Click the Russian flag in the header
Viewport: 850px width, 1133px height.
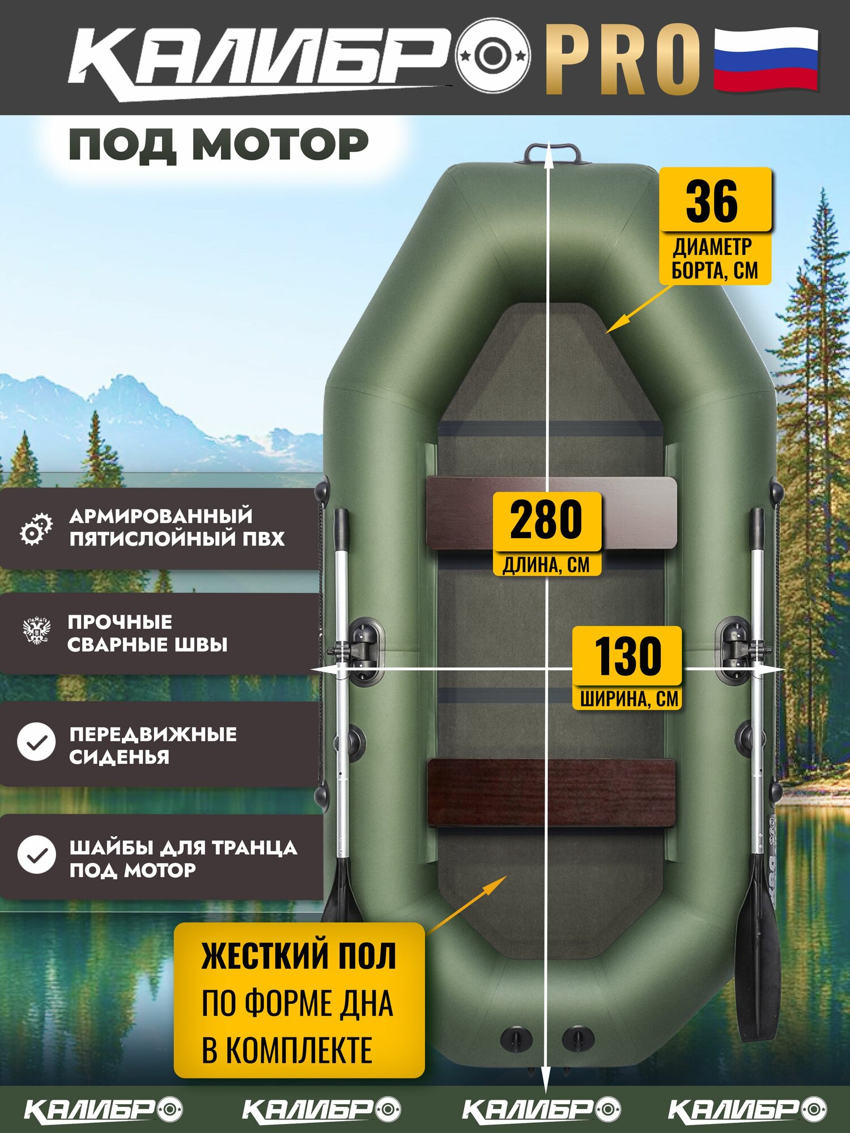coord(766,59)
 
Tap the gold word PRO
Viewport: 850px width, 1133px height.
coord(623,59)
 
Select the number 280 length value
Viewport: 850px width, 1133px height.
coord(546,519)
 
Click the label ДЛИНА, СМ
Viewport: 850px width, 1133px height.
coord(546,565)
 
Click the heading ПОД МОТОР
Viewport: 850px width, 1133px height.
coord(218,144)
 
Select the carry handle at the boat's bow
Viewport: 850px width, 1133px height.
coord(552,154)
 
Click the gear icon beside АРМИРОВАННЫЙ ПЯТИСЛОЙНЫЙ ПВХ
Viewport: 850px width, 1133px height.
coord(36,529)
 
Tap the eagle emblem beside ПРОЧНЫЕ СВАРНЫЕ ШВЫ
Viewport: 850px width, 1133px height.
coord(37,631)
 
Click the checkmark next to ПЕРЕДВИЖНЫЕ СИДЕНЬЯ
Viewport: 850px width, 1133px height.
coord(36,742)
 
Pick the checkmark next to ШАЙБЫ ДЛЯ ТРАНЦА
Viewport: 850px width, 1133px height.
coord(36,854)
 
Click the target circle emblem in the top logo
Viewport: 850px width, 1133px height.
coord(493,56)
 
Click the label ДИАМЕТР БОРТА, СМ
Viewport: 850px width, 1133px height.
coord(715,259)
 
